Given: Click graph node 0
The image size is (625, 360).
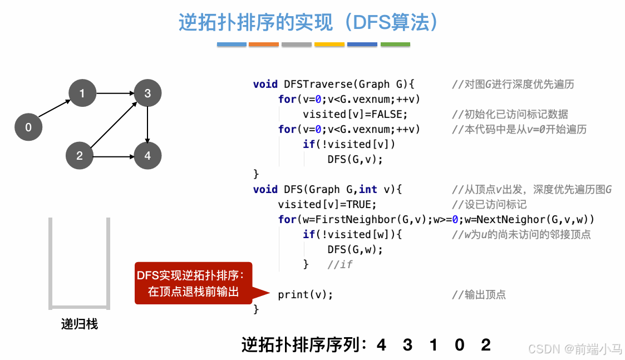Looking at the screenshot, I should point(28,127).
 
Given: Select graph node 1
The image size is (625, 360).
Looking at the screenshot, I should point(82,93).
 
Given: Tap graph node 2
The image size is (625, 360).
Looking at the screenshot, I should point(80,155).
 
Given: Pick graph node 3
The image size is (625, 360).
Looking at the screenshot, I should point(147,93).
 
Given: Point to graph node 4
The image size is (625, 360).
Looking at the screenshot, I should point(147,155).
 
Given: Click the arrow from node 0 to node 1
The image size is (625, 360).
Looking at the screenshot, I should point(55,110).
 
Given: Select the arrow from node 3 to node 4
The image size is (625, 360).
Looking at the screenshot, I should point(147,124).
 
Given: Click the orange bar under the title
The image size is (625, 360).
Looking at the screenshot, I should point(264,45).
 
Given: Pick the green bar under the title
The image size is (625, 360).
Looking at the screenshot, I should point(395,45).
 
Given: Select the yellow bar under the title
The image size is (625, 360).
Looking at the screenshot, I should point(329,45).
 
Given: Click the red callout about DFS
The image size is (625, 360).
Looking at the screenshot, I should point(194,283).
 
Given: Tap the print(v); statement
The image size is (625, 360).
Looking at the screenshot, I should point(306,295).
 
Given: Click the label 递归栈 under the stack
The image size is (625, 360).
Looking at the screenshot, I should point(79,324).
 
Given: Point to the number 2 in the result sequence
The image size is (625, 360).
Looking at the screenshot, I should point(486,345).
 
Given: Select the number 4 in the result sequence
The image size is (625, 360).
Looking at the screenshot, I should point(381,345).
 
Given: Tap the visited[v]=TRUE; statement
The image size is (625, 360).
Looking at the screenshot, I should point(327,204).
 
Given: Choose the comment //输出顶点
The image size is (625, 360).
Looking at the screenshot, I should point(479,295).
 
